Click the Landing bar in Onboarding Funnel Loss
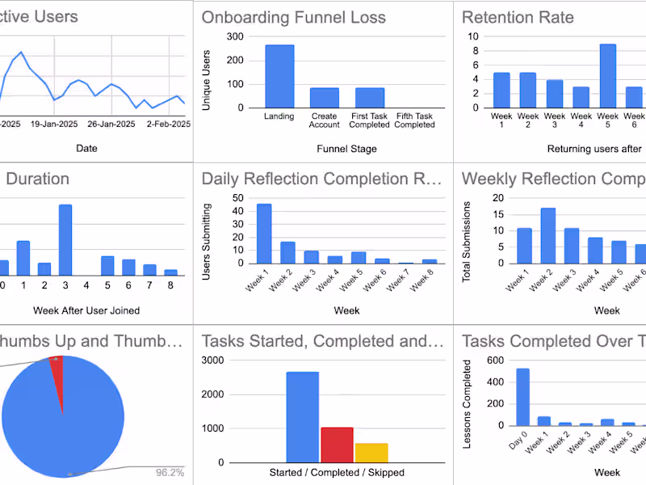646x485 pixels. pos(279,76)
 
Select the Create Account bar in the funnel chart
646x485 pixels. pos(324,97)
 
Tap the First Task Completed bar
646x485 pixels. pos(370,97)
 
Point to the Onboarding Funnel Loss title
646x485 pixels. pos(293,17)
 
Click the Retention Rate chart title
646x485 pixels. pos(518,17)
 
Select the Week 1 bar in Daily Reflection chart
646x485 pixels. pos(264,234)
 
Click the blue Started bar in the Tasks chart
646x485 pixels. pos(302,417)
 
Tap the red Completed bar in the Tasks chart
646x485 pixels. pos(337,445)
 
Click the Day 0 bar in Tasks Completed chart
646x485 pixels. pos(522,397)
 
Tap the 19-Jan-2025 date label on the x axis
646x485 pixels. pos(53,124)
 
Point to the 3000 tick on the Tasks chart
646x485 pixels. pos(212,360)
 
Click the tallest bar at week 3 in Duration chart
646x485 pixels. pos(65,241)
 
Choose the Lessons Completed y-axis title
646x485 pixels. pos(466,392)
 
